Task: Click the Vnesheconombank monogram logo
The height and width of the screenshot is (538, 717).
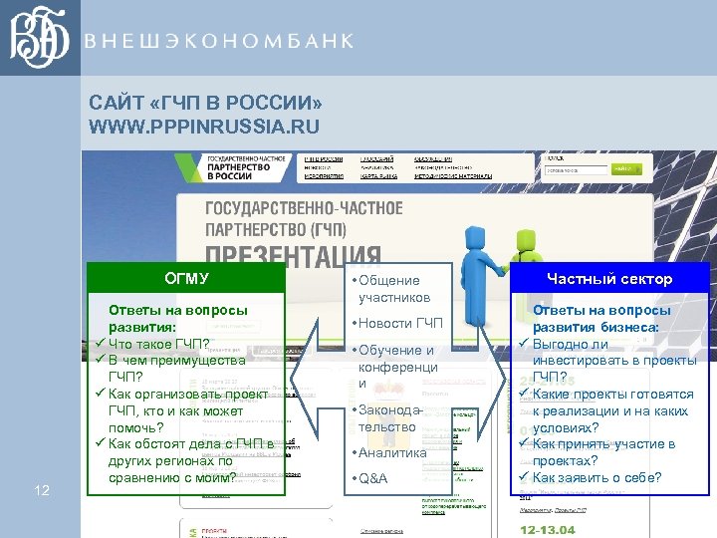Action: (39, 39)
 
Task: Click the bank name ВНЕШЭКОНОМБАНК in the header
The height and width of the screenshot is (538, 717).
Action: (219, 41)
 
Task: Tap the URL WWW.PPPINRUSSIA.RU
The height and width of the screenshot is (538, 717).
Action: (204, 127)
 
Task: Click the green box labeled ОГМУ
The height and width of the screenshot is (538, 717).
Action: (186, 278)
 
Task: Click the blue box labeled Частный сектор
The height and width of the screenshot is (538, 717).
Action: (609, 278)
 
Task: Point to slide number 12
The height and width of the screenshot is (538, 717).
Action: (42, 489)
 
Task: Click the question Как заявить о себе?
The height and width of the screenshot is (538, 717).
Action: (597, 477)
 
